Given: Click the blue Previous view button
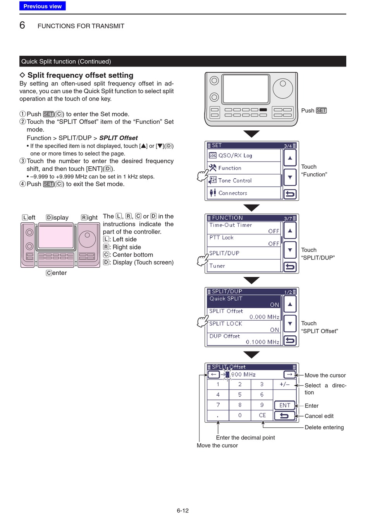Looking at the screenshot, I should [43, 6].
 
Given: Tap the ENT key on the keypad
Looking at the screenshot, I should [285, 405].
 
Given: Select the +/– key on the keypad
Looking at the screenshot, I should [284, 384].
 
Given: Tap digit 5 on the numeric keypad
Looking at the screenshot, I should [240, 394].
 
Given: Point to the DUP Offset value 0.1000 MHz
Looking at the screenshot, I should [263, 342].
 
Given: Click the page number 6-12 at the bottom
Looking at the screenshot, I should [183, 511].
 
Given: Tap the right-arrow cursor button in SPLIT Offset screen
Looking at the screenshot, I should [289, 374].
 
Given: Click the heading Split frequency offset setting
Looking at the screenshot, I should [80, 75].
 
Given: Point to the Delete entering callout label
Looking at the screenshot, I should [324, 427].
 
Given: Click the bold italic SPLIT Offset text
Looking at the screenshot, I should [119, 138].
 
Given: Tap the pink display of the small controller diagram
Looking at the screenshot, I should [56, 237].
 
